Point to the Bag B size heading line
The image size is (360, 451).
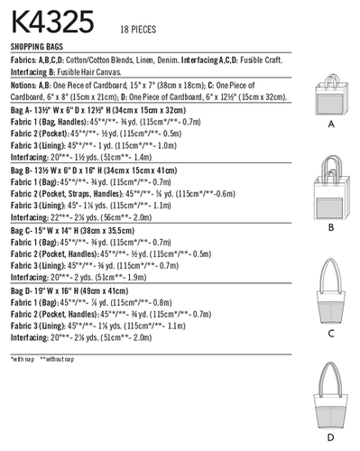click(x=105, y=168)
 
